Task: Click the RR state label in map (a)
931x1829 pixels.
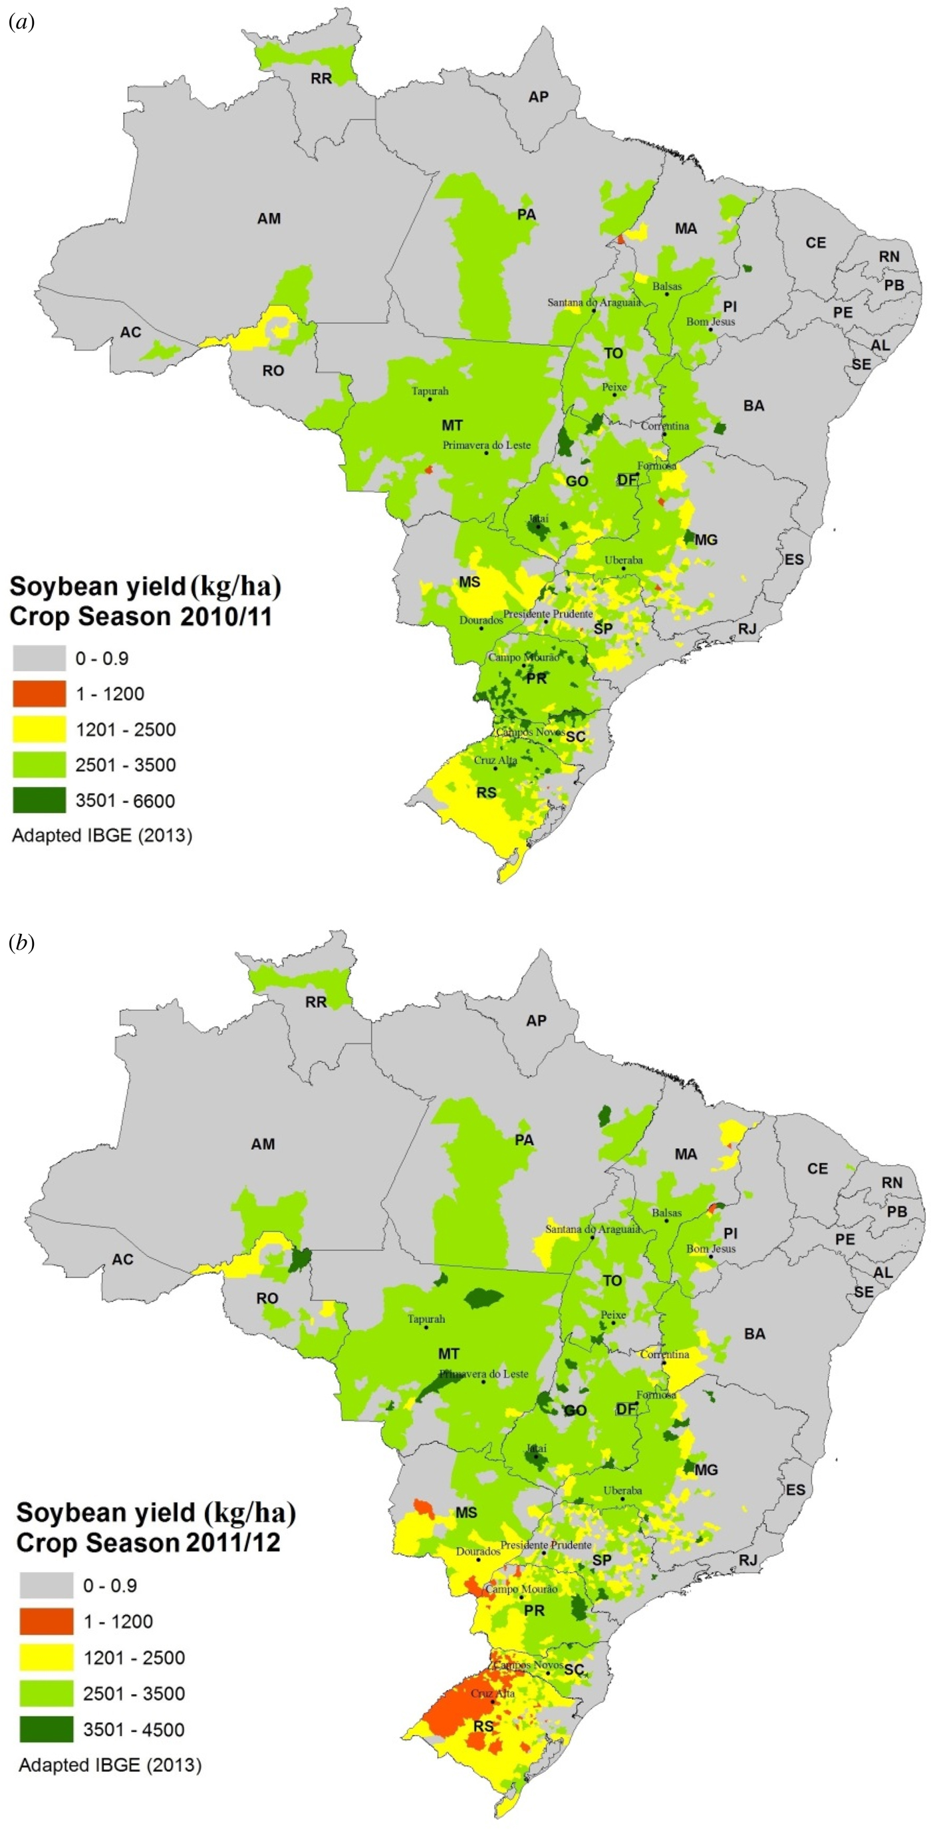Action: click(x=322, y=78)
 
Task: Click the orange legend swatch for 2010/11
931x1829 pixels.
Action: click(x=39, y=694)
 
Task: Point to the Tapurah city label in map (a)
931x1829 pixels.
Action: click(x=430, y=390)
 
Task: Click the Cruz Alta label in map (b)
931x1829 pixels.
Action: click(x=493, y=1693)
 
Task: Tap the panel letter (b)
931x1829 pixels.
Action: click(x=21, y=943)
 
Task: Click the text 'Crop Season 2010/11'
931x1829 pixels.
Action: click(x=140, y=617)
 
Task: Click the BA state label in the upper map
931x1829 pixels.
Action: click(x=753, y=406)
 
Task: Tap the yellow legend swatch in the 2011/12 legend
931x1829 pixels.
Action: click(x=46, y=1658)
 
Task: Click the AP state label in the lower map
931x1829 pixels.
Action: click(x=536, y=1020)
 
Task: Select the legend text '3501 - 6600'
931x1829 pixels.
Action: click(x=125, y=801)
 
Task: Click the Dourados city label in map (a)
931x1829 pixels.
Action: click(x=481, y=620)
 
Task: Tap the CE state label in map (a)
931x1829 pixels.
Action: click(x=815, y=243)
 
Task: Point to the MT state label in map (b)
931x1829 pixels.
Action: click(x=448, y=1353)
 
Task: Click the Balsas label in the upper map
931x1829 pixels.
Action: click(x=666, y=286)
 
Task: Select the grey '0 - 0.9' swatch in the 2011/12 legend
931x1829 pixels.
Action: click(x=46, y=1586)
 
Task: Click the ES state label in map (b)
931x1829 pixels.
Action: click(x=795, y=1489)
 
